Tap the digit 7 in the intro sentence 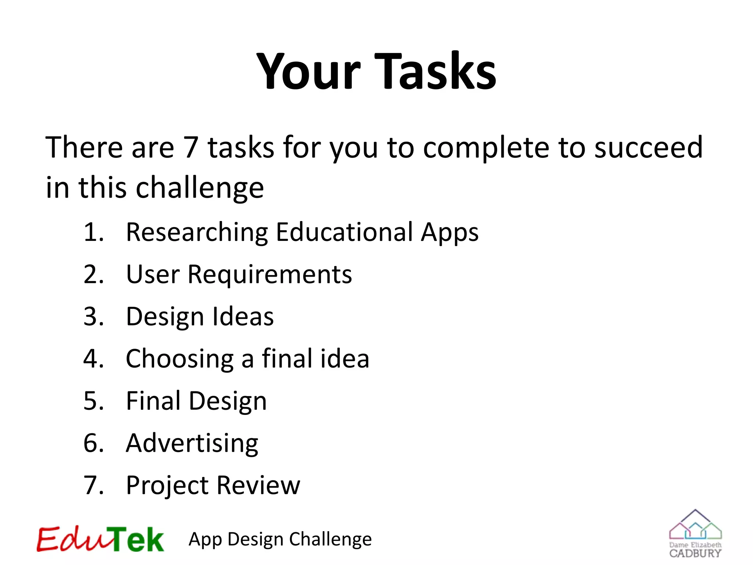[x=191, y=147]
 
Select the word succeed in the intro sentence [x=649, y=147]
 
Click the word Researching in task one [x=197, y=232]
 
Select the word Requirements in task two [x=270, y=275]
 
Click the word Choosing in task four [x=179, y=359]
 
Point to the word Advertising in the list [x=192, y=444]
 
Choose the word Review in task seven [x=258, y=486]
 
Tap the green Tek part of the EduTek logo [x=136, y=539]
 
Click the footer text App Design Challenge [x=280, y=540]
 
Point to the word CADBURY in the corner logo [x=695, y=553]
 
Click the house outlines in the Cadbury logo [x=695, y=526]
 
